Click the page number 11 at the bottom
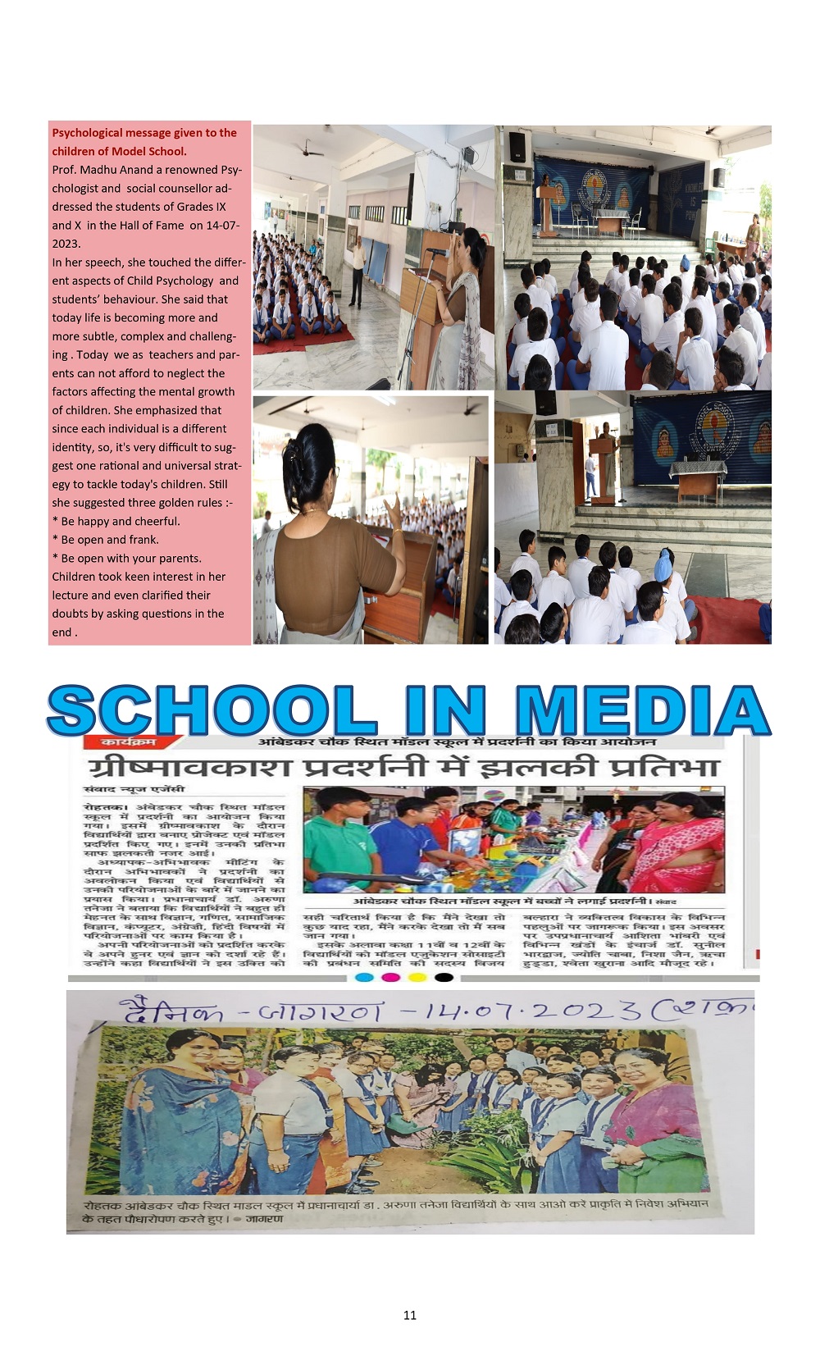click(410, 1315)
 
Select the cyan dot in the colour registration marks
click(365, 977)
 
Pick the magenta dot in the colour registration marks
click(391, 977)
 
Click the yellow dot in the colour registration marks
click(417, 977)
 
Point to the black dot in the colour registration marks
click(444, 977)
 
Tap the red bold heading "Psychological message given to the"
click(144, 133)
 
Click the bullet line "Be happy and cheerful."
click(120, 522)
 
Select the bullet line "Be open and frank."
click(109, 540)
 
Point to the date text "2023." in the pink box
click(66, 244)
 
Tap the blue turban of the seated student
click(663, 565)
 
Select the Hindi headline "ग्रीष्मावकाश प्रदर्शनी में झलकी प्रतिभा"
click(403, 767)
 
